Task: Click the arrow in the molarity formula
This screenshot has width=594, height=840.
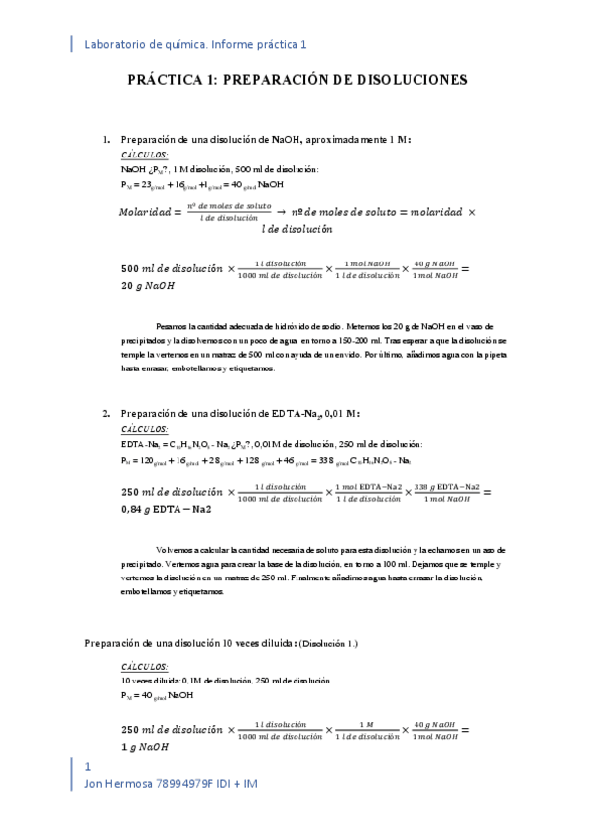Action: (x=282, y=212)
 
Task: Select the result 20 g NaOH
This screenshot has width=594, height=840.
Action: (x=148, y=286)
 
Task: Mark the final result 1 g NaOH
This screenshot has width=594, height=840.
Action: (x=145, y=748)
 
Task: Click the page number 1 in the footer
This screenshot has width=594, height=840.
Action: (x=89, y=768)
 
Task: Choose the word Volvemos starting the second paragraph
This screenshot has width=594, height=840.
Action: (x=175, y=549)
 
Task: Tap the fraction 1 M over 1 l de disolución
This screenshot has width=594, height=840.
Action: (x=365, y=731)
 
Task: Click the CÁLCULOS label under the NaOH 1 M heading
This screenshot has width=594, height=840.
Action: (x=144, y=156)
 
